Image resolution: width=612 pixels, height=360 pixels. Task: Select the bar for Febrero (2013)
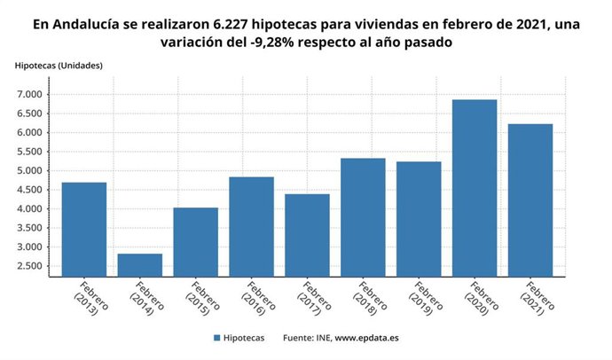tap(84, 229)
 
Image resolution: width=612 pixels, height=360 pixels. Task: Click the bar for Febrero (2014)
tap(140, 264)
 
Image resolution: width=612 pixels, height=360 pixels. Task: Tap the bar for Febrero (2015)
tap(196, 241)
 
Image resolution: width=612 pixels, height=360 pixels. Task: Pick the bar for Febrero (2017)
tap(307, 234)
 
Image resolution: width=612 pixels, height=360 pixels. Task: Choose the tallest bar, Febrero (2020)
tap(475, 187)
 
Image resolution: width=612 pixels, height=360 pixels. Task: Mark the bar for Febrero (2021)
tap(530, 200)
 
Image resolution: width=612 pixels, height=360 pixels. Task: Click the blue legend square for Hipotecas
tap(216, 338)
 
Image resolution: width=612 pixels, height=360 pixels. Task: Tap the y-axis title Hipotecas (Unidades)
tap(59, 66)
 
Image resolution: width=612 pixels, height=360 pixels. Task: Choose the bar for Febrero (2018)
tap(363, 216)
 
